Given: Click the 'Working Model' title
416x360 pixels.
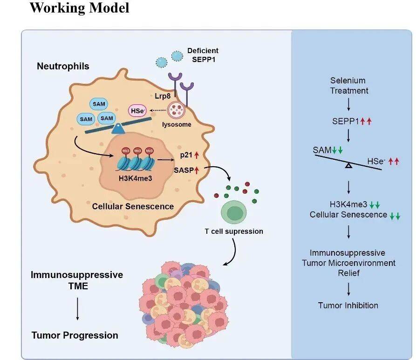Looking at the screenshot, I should pyautogui.click(x=79, y=8).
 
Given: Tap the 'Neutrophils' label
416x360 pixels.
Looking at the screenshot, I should pyautogui.click(x=63, y=66).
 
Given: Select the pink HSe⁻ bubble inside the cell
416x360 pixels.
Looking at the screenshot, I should pyautogui.click(x=136, y=111).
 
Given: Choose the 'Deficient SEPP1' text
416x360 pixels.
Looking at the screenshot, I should pyautogui.click(x=203, y=54).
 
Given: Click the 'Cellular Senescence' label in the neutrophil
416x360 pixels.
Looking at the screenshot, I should pyautogui.click(x=133, y=206).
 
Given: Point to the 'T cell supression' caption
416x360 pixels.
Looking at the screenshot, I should pyautogui.click(x=234, y=231).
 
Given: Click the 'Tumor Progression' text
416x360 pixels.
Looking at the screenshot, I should pyautogui.click(x=75, y=335).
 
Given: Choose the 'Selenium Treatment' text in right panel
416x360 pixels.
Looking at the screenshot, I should pyautogui.click(x=349, y=86).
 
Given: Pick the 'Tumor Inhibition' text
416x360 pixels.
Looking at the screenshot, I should pyautogui.click(x=348, y=306).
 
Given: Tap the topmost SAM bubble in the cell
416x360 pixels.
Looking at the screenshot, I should pyautogui.click(x=99, y=104).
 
